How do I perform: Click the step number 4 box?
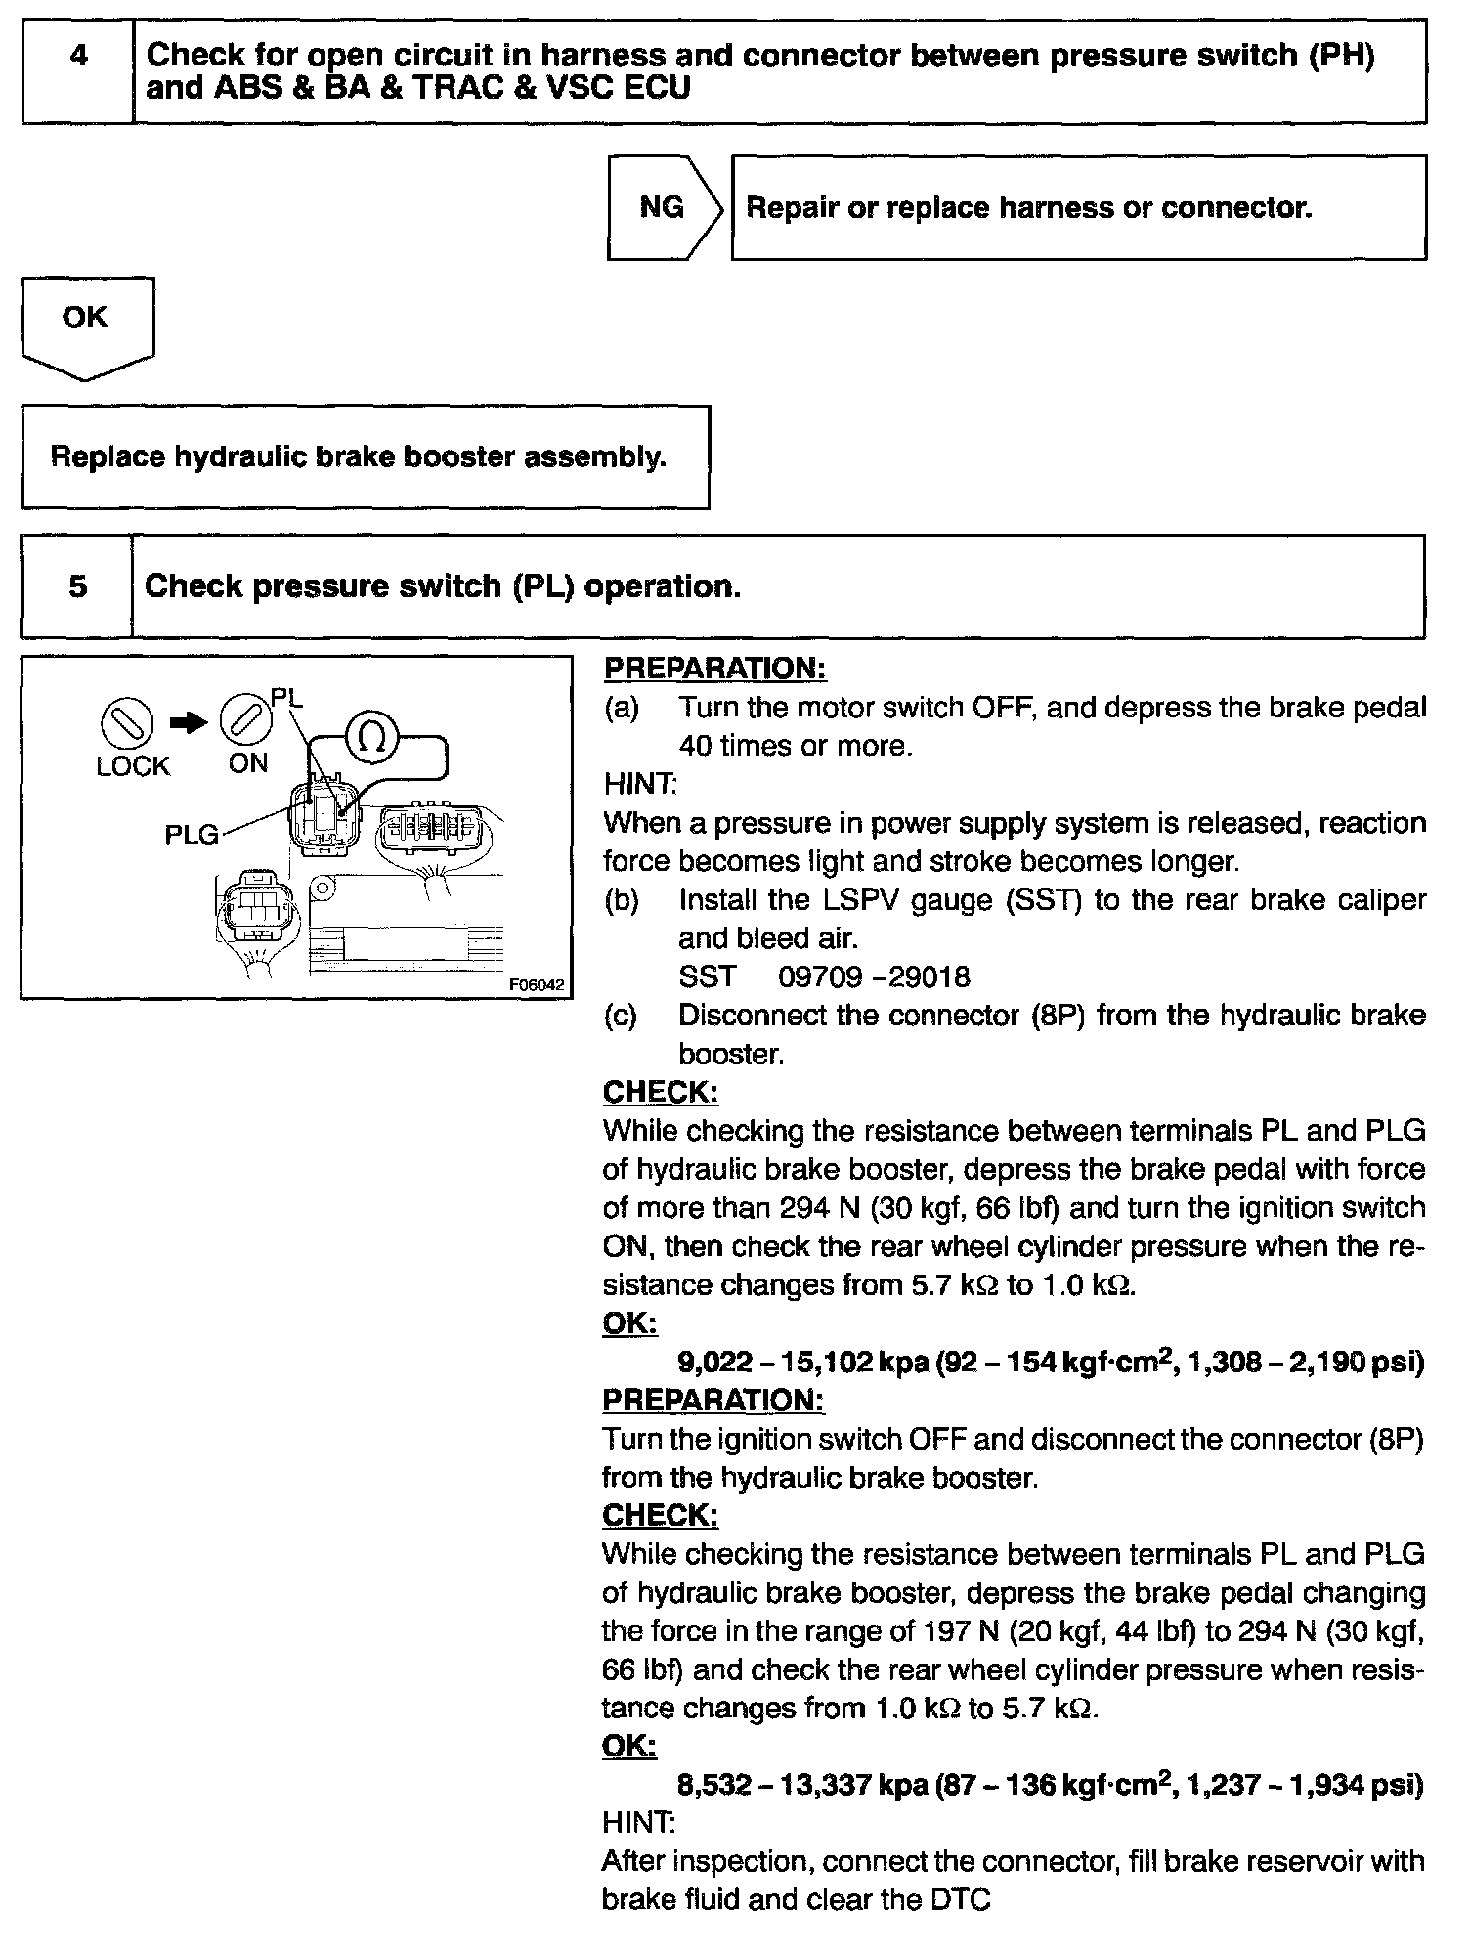click(78, 57)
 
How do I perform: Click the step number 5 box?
click(77, 586)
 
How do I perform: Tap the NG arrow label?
click(663, 207)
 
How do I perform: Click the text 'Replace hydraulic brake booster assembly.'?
click(359, 457)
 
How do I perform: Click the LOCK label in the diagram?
click(133, 767)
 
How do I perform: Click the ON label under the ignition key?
click(248, 763)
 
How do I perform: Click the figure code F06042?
click(537, 985)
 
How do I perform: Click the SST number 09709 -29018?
click(875, 976)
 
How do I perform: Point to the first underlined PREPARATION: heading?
click(715, 670)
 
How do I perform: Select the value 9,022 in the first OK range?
click(715, 1363)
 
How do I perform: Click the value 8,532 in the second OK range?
click(715, 1786)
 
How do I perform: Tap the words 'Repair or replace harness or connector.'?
click(1028, 208)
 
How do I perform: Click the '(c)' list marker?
click(621, 1016)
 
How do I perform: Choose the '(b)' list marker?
click(622, 900)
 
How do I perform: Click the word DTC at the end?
click(958, 1900)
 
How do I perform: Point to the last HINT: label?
click(638, 1823)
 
